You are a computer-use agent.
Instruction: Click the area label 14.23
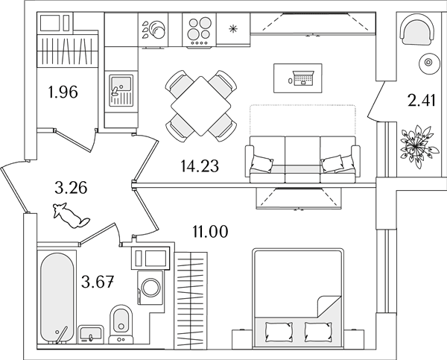(200, 166)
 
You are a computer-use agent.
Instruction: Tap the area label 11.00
(210, 231)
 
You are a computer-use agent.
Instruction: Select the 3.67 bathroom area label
(98, 281)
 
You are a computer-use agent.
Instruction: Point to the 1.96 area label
(63, 92)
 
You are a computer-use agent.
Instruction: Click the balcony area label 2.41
(422, 101)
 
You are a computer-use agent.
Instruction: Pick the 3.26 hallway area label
(71, 188)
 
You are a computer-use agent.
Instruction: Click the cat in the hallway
(72, 215)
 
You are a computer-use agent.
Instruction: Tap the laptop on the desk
(303, 78)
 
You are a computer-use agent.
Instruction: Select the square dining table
(201, 106)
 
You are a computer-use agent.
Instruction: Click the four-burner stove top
(200, 30)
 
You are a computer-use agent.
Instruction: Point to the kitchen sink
(121, 90)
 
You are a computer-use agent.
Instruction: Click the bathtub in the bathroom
(57, 297)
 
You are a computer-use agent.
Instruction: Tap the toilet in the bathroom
(121, 323)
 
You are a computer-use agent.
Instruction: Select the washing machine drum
(150, 287)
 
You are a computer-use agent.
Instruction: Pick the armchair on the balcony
(417, 33)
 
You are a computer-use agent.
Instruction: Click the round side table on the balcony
(428, 62)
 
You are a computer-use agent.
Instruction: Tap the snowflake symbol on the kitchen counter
(233, 28)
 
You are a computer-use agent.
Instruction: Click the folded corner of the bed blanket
(329, 306)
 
